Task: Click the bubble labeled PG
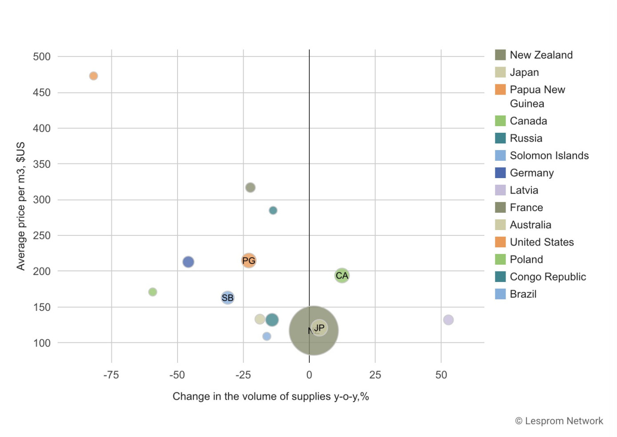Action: (x=249, y=260)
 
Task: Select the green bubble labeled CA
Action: (x=342, y=275)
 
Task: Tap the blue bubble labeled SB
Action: (x=227, y=298)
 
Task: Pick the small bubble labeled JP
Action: (x=319, y=328)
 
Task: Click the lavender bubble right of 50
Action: (x=448, y=320)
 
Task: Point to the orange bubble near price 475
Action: (x=93, y=76)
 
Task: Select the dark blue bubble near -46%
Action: (x=188, y=262)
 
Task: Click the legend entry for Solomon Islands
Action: (x=549, y=155)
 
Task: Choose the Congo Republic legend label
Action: (x=548, y=277)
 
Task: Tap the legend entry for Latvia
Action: (x=524, y=190)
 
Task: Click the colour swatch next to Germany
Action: (x=500, y=173)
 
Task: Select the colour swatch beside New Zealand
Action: (x=500, y=55)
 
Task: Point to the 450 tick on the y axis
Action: (x=42, y=92)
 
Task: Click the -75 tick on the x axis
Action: (x=111, y=375)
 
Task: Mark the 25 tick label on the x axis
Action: (x=375, y=375)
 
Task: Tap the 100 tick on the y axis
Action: (x=42, y=343)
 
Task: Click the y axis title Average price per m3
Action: (x=20, y=206)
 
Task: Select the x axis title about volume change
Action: (x=271, y=396)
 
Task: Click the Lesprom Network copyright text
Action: (x=559, y=421)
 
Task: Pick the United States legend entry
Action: (x=542, y=242)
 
